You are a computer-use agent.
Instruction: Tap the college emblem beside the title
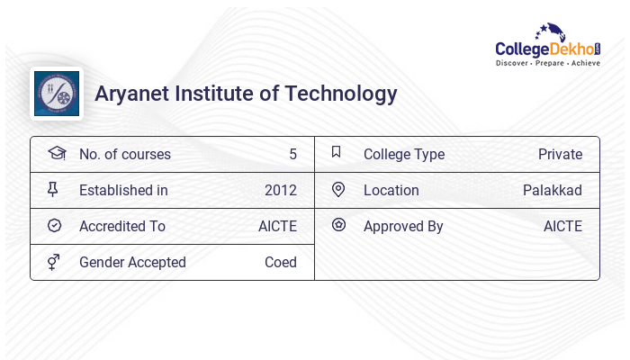(57, 94)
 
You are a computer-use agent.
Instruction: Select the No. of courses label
(124, 154)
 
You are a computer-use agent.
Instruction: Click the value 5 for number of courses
(292, 154)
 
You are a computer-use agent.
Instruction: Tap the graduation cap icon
(56, 153)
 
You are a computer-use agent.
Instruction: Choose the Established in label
(123, 190)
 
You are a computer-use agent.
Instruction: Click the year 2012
(281, 190)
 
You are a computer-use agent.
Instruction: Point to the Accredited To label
(122, 226)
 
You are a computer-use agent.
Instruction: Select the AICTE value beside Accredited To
(277, 226)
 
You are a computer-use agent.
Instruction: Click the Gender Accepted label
(132, 262)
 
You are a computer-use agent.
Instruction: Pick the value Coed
(281, 262)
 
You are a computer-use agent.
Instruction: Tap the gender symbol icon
(54, 262)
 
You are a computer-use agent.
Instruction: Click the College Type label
(404, 154)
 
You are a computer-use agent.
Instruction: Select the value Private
(560, 154)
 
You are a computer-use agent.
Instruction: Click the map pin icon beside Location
(338, 189)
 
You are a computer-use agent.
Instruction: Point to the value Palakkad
(553, 190)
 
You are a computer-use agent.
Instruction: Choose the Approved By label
(403, 226)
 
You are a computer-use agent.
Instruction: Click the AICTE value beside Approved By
(562, 226)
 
